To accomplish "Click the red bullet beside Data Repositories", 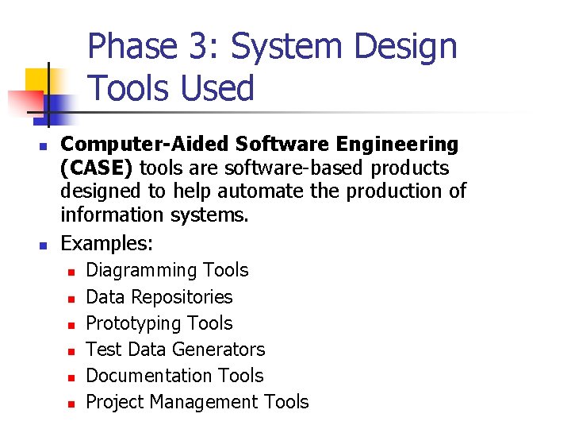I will [70, 299].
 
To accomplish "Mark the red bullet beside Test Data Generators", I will [70, 351].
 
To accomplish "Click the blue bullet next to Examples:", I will [44, 243].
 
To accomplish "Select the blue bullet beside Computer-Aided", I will [44, 146].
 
